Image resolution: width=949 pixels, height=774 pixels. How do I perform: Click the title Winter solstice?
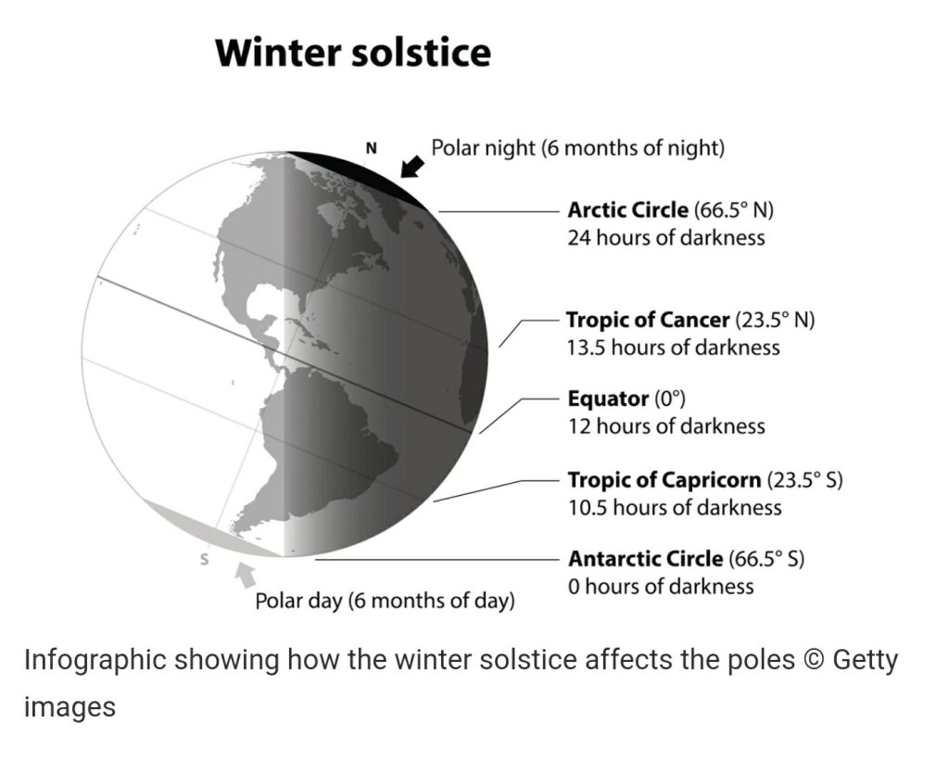[x=353, y=52]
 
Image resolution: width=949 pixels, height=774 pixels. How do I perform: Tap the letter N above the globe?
[x=372, y=147]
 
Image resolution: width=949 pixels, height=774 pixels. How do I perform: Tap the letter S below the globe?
[x=205, y=560]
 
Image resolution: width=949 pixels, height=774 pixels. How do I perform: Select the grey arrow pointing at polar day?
[x=245, y=574]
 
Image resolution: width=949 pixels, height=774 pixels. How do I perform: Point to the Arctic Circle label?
[x=671, y=210]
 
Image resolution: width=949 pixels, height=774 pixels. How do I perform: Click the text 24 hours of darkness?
[x=666, y=237]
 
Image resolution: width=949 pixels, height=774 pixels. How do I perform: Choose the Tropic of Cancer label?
[x=690, y=320]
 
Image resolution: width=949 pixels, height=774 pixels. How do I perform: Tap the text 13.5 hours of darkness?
[x=674, y=348]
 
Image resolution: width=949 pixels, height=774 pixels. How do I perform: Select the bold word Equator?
[x=608, y=399]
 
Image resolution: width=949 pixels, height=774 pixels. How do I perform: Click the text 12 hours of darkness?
[x=666, y=426]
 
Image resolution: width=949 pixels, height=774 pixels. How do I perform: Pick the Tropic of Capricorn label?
[x=705, y=480]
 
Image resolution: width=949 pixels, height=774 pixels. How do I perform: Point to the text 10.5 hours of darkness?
[x=675, y=507]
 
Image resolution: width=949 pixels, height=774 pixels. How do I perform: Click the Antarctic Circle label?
[x=687, y=559]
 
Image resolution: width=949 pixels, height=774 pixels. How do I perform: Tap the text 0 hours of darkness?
[x=661, y=586]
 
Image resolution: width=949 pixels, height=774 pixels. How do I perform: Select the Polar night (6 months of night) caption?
[x=578, y=147]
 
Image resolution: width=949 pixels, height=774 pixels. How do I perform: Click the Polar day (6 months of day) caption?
[x=385, y=601]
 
